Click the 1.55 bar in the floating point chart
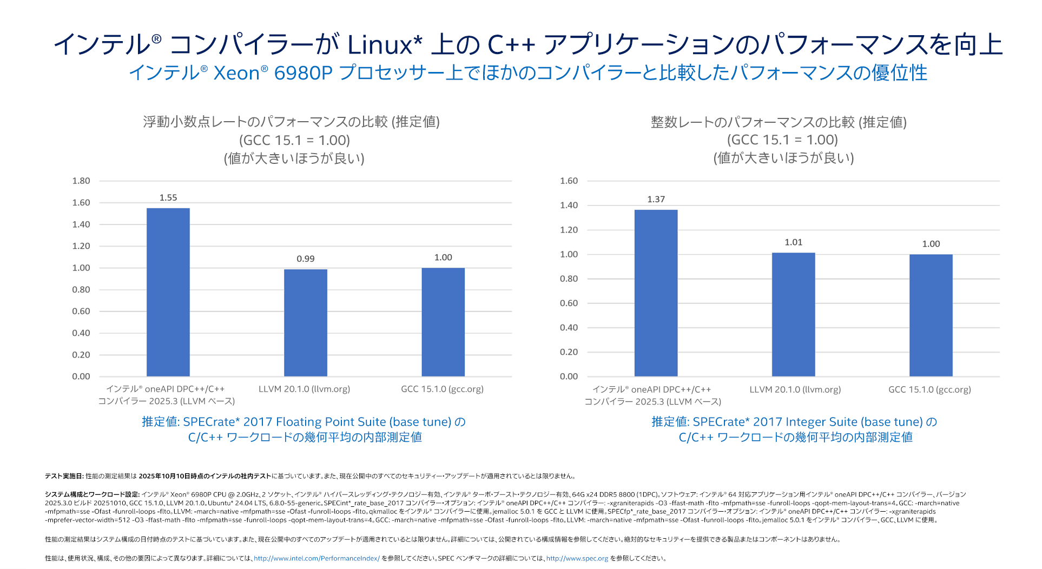coord(168,292)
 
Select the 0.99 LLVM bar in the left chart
coord(305,322)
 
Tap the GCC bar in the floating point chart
coord(443,322)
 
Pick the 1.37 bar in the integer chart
coord(656,293)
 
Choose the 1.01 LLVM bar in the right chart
coord(793,314)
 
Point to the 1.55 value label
coord(168,198)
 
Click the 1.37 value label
coord(656,200)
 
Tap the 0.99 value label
coord(305,259)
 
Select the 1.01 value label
coord(793,242)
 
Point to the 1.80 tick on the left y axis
coord(81,181)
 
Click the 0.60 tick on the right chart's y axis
coord(569,303)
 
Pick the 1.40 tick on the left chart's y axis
coord(81,224)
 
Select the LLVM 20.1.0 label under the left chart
coord(304,389)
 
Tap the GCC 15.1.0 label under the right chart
coord(929,389)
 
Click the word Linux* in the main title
coord(384,44)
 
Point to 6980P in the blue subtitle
coord(303,73)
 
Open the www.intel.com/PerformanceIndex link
coord(316,558)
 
